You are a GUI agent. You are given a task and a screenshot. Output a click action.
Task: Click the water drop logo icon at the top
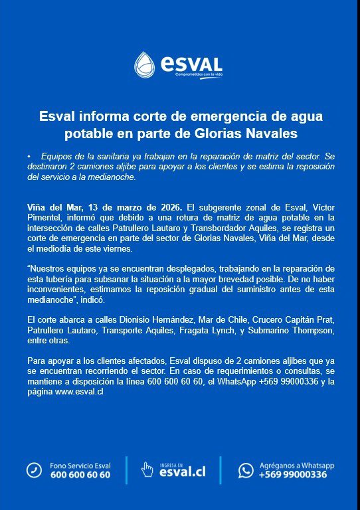pyautogui.click(x=145, y=64)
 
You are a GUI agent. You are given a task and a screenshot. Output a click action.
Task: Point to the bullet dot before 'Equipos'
pyautogui.click(x=29, y=155)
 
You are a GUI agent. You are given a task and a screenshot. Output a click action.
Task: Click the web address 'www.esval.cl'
pyautogui.click(x=78, y=392)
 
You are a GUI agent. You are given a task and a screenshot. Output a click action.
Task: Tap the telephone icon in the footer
pyautogui.click(x=34, y=470)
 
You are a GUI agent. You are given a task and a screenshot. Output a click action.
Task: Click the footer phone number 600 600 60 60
pyautogui.click(x=80, y=475)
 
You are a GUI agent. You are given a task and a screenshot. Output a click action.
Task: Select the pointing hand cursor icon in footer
pyautogui.click(x=147, y=470)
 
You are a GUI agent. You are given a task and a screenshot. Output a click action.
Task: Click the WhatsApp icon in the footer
pyautogui.click(x=246, y=470)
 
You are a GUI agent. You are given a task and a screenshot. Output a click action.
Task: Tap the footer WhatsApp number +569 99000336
pyautogui.click(x=292, y=475)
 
